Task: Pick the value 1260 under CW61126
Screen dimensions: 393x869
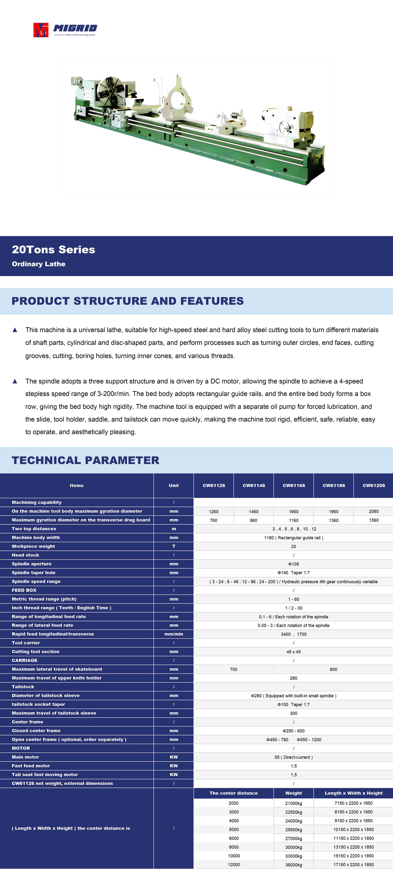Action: [x=214, y=511]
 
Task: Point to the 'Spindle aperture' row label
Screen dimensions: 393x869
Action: [x=32, y=564]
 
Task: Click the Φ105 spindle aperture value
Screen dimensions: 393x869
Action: [x=294, y=564]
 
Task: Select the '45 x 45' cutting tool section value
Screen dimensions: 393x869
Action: [x=294, y=652]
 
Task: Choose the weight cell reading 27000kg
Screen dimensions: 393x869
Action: [x=294, y=838]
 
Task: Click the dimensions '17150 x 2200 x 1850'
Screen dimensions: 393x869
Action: [x=354, y=865]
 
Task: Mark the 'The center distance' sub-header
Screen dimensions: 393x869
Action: [x=234, y=793]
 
